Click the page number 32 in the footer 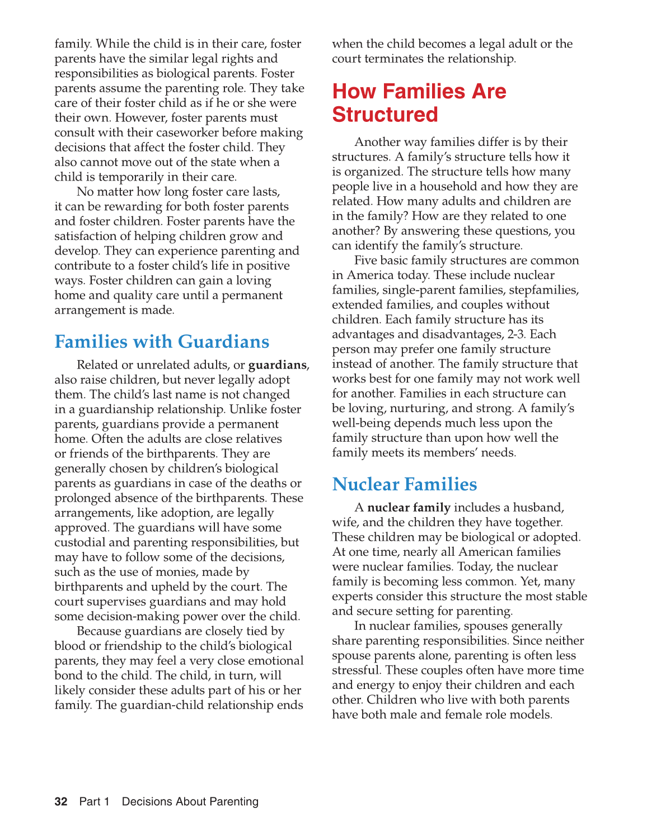pyautogui.click(x=61, y=802)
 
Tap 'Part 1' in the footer pyautogui.click(x=94, y=802)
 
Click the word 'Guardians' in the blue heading pyautogui.click(x=223, y=342)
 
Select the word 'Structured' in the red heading pyautogui.click(x=385, y=115)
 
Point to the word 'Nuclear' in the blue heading pyautogui.click(x=365, y=484)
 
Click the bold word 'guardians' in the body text pyautogui.click(x=277, y=365)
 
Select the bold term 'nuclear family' pyautogui.click(x=409, y=508)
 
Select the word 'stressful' pyautogui.click(x=355, y=670)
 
